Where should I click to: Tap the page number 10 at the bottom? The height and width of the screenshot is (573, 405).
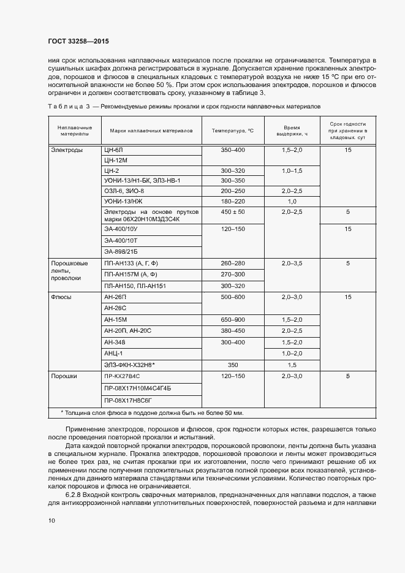(51, 520)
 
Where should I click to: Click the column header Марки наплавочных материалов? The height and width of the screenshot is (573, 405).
(151, 131)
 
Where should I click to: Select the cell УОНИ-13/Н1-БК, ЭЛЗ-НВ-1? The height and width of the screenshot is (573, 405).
(142, 181)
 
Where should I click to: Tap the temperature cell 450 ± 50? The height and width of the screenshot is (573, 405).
(233, 211)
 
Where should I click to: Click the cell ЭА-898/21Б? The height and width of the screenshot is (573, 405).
(121, 251)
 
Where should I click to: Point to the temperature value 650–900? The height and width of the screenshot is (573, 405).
(233, 319)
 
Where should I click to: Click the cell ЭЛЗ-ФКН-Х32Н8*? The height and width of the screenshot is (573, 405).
(130, 364)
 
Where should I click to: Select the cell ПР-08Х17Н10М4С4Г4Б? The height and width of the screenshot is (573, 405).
(138, 389)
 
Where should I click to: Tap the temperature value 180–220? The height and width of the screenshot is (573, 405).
(233, 201)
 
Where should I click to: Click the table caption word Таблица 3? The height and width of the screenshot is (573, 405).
(68, 106)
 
